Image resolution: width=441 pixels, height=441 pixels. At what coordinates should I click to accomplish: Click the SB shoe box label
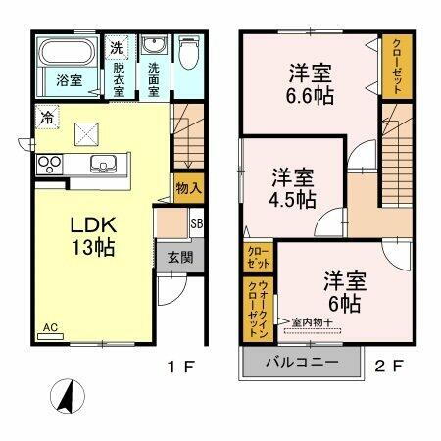point(196,224)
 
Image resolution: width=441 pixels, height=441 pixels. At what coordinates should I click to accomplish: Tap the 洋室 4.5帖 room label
point(293,187)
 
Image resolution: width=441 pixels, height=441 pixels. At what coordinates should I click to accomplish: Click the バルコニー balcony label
point(302,364)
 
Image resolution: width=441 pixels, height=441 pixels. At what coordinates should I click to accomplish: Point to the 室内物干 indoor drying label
point(313,321)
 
